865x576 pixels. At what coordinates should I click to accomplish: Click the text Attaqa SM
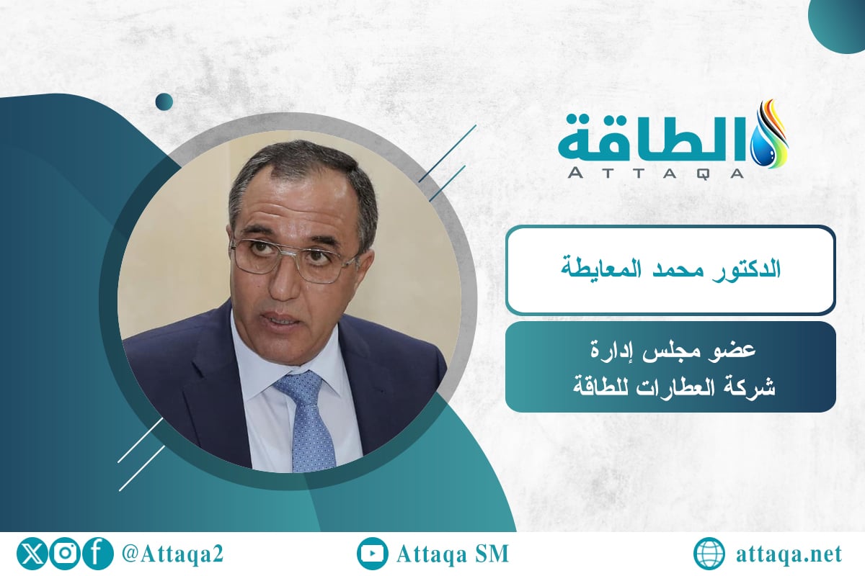tap(453, 554)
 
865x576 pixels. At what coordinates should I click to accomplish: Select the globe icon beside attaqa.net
tap(709, 554)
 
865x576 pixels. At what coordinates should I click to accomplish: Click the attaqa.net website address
tap(790, 554)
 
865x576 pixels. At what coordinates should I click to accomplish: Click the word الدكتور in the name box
tap(750, 271)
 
